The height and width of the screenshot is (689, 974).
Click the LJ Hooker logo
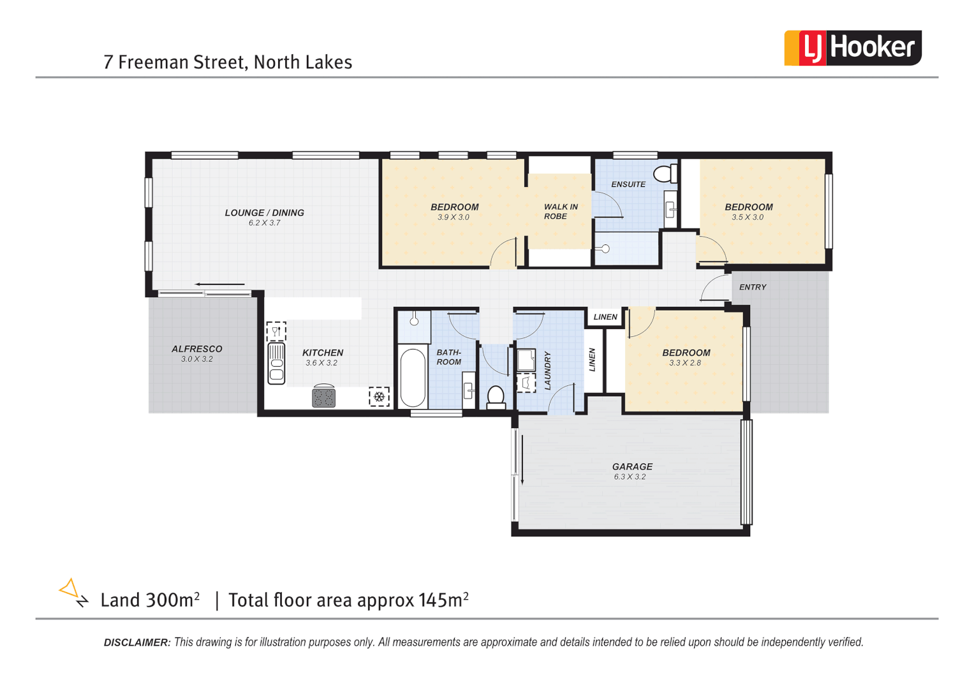click(x=852, y=48)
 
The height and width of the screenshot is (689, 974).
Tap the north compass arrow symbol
click(x=72, y=592)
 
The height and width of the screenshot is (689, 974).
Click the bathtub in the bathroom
click(x=413, y=377)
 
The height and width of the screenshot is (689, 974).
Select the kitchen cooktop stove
click(x=323, y=397)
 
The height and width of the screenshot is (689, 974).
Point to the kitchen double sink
click(x=276, y=363)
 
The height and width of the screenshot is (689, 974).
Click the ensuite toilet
click(x=666, y=173)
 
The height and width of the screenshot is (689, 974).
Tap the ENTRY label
click(x=753, y=287)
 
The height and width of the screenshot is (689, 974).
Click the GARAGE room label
click(x=632, y=466)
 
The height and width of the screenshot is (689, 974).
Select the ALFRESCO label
click(x=197, y=349)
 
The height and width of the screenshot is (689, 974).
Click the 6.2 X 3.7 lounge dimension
click(x=264, y=223)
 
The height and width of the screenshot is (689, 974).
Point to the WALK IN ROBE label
click(x=560, y=211)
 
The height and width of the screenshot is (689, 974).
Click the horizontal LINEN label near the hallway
click(x=605, y=317)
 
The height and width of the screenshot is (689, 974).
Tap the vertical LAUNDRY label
click(x=547, y=371)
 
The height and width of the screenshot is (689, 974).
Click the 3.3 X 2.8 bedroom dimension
click(x=685, y=363)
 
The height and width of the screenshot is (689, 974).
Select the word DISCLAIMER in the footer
click(x=137, y=642)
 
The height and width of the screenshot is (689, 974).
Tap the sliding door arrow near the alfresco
click(x=219, y=285)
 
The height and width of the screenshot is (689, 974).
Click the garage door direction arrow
click(x=522, y=459)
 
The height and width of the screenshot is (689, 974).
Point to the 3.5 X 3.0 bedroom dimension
click(x=748, y=218)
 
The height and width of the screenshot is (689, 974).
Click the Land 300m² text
click(x=150, y=600)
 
